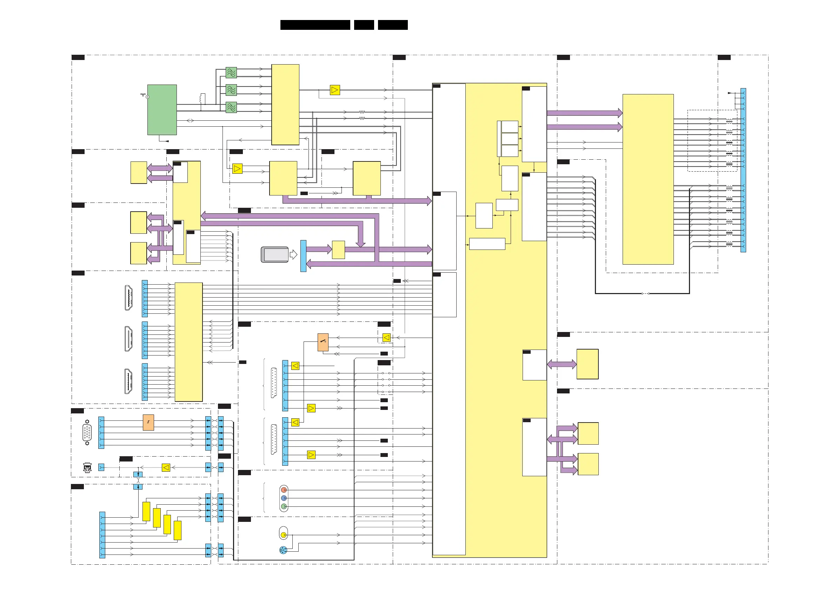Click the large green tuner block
[162, 109]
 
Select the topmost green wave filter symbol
[231, 73]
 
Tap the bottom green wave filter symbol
[231, 107]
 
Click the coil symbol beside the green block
[203, 99]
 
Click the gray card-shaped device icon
[275, 254]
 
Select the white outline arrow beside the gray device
[293, 254]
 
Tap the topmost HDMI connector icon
[128, 298]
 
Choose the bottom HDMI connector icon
[128, 381]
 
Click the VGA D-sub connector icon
[87, 433]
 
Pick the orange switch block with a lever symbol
[323, 342]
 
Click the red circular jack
[284, 490]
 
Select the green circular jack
[284, 506]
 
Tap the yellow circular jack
[284, 535]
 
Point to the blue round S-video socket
[283, 550]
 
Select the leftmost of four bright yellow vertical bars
[146, 511]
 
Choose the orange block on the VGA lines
[148, 423]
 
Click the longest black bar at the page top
[315, 25]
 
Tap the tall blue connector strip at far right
[743, 170]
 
